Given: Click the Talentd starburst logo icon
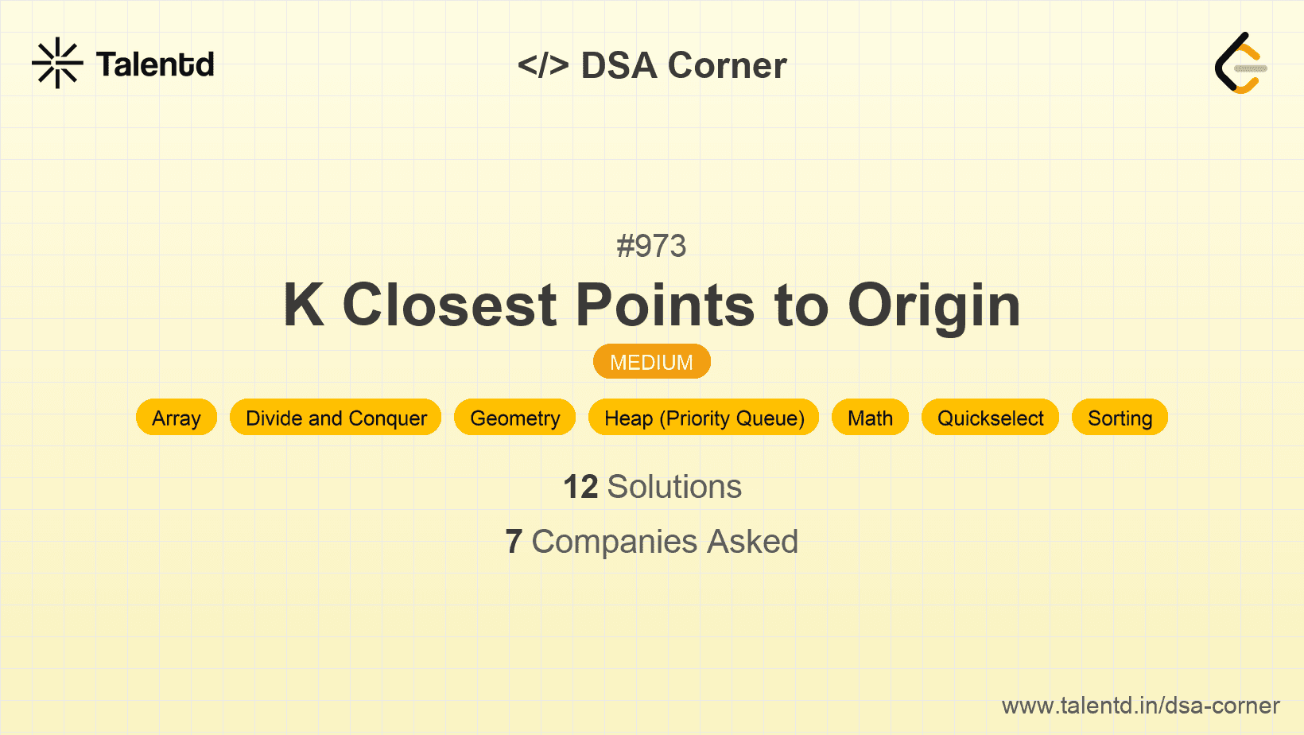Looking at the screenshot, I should [x=57, y=63].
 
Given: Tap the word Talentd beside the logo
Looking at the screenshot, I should [x=155, y=64].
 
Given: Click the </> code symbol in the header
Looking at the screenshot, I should [x=543, y=65].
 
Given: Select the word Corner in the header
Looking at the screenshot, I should [x=727, y=65].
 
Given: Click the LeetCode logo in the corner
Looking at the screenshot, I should [x=1240, y=63].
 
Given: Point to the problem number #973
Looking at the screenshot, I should [x=651, y=246].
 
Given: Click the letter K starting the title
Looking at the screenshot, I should [x=305, y=305].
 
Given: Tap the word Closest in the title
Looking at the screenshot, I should [x=449, y=305].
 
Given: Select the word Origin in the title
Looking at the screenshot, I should [x=934, y=305].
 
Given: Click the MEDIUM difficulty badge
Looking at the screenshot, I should [x=651, y=362].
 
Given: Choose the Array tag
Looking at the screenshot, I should [x=177, y=418].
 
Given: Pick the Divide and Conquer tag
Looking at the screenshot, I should [x=336, y=418].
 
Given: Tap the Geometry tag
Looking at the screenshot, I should [x=515, y=418].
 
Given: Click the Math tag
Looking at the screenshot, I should [x=870, y=418].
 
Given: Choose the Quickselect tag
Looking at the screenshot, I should [x=990, y=418].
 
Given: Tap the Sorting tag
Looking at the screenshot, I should [x=1120, y=418].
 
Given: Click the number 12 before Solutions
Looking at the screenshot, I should [x=580, y=487].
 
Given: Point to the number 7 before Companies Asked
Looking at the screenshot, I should [x=514, y=542].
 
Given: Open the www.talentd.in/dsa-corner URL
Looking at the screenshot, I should [x=1140, y=706].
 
